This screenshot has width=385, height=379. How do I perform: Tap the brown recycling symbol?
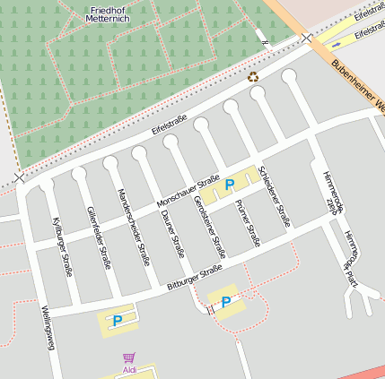pyautogui.click(x=253, y=78)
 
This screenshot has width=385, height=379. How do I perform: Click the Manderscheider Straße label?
pyautogui.click(x=132, y=227)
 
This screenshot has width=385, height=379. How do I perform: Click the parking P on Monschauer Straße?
pyautogui.click(x=230, y=185)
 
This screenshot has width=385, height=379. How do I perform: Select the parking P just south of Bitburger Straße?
pyautogui.click(x=226, y=301)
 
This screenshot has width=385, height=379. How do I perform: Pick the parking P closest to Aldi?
pyautogui.click(x=118, y=319)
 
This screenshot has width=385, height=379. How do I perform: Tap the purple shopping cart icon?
pyautogui.click(x=128, y=357)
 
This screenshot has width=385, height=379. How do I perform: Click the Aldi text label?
pyautogui.click(x=129, y=369)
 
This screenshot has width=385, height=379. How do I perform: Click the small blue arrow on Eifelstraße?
pyautogui.click(x=337, y=42)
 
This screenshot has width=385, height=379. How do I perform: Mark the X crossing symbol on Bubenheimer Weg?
pyautogui.click(x=308, y=38)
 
